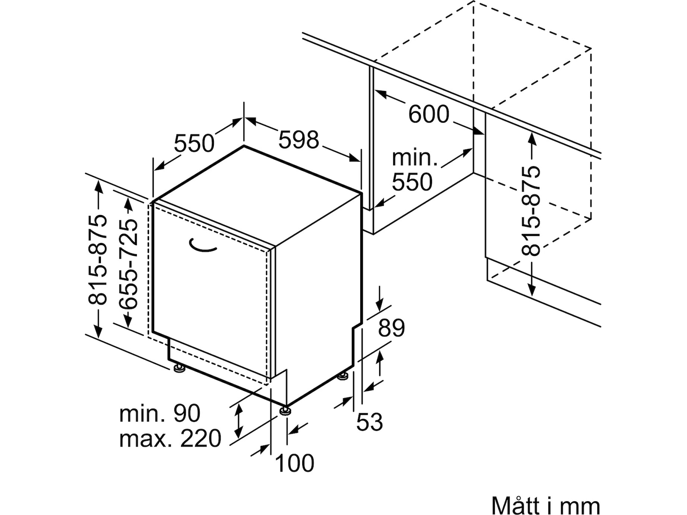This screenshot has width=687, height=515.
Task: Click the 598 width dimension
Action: [x=299, y=139]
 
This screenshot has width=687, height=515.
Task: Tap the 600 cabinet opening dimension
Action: [x=429, y=114]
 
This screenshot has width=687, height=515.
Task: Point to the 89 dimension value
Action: [x=391, y=328]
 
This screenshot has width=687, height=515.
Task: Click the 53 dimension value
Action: [x=369, y=422]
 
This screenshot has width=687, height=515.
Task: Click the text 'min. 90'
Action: [x=160, y=414]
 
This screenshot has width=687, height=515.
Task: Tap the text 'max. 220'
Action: [x=170, y=439]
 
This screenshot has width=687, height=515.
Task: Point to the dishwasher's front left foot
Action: [x=178, y=368]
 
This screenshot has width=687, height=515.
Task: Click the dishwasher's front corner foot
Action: [x=285, y=411]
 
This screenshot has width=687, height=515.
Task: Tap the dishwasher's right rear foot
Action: [x=343, y=376]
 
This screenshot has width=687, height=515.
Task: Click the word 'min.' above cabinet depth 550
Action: [x=414, y=158]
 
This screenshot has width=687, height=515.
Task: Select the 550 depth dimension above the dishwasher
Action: [x=194, y=143]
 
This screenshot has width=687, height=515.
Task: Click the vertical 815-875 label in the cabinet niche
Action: [x=531, y=210]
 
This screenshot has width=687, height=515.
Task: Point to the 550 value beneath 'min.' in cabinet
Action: [x=412, y=182]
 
